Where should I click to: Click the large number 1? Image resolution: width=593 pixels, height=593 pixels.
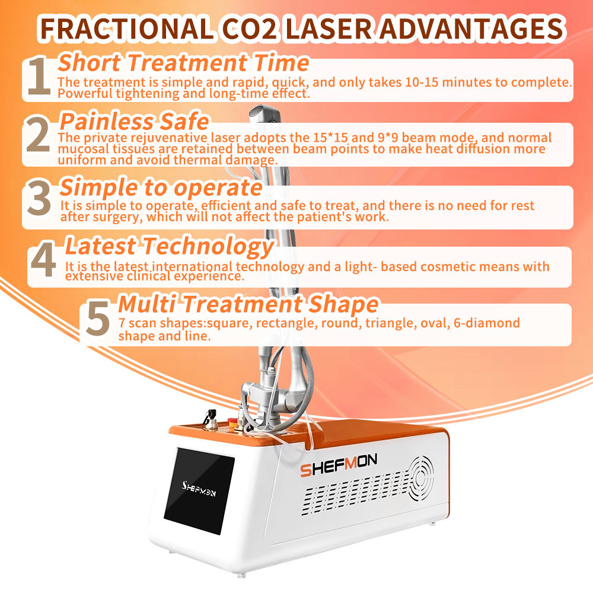(x=39, y=77)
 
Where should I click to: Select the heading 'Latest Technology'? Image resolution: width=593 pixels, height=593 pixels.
(x=169, y=245)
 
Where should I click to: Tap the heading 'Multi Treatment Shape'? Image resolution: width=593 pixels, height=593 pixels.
(x=248, y=304)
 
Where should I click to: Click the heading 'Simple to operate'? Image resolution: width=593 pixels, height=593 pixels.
(x=161, y=187)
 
